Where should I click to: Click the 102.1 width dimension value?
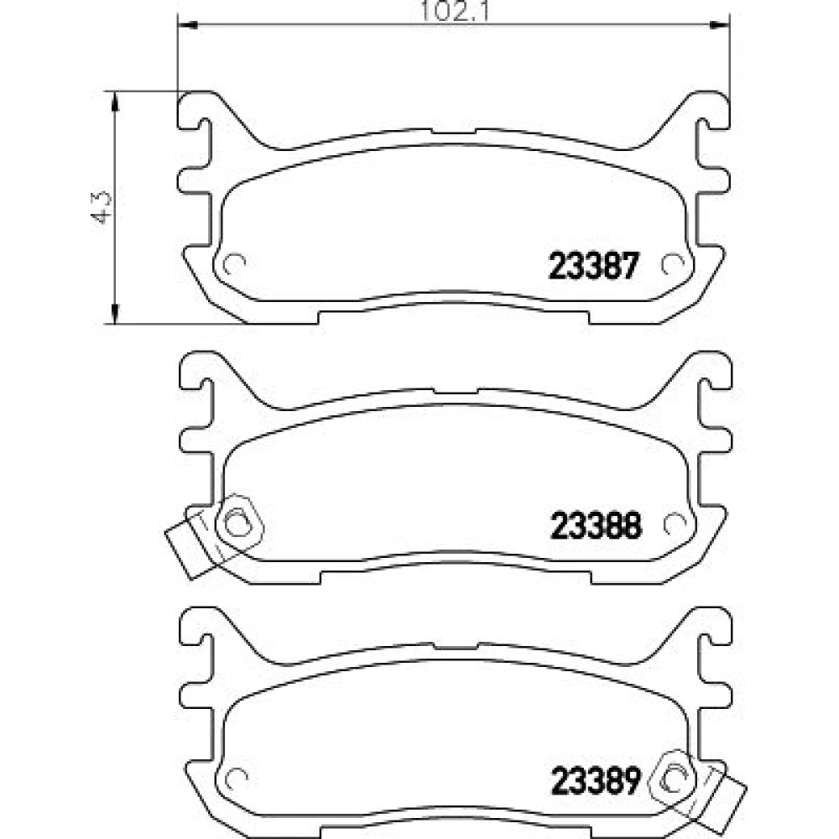(x=454, y=11)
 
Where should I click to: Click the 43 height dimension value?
(x=102, y=206)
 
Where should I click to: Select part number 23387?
(x=594, y=266)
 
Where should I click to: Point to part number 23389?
(x=596, y=780)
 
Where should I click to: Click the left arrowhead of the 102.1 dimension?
(x=187, y=24)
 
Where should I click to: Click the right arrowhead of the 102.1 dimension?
(x=719, y=24)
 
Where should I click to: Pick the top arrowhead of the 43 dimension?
(x=113, y=102)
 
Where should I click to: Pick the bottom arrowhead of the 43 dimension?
(x=113, y=313)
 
